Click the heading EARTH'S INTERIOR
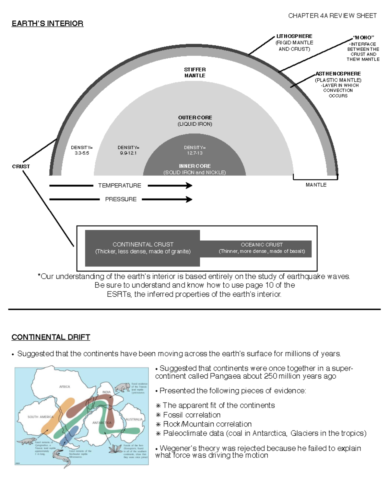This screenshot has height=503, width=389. point(47,24)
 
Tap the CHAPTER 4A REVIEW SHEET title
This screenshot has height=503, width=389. point(332,16)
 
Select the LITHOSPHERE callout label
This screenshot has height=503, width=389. point(294,36)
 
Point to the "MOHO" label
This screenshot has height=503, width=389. point(363,38)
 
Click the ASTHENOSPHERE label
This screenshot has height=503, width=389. point(338,74)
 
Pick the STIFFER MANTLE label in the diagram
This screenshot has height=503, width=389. point(195,73)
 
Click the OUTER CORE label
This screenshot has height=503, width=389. point(195,118)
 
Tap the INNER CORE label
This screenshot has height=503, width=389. point(195,166)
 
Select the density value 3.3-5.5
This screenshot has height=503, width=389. point(82,153)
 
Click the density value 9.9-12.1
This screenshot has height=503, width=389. point(128,153)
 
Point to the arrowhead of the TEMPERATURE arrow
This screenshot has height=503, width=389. point(189,186)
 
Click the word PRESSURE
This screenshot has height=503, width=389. point(121,200)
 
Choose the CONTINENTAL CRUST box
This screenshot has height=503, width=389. point(143,248)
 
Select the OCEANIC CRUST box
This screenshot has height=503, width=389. point(262,248)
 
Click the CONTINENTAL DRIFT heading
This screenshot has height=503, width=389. point(51,337)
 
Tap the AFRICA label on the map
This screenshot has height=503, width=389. point(65,387)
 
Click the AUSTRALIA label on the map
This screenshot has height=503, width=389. point(134,419)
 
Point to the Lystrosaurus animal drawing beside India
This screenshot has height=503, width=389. point(122,387)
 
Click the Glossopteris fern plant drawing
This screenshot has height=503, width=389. point(114,449)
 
